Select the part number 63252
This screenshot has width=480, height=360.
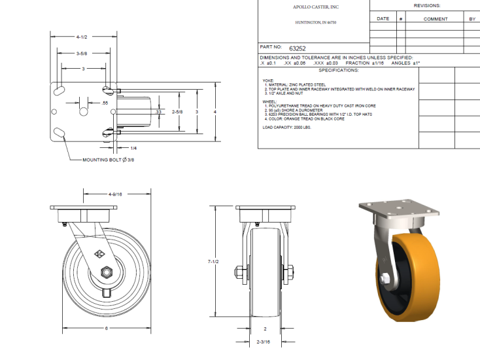click(298, 48)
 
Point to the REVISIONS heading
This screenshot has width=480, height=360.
click(427, 5)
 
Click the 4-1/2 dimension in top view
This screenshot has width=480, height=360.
click(82, 37)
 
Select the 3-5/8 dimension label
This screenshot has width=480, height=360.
click(82, 53)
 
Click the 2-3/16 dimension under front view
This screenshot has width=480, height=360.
click(265, 342)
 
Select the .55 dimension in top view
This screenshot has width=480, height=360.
click(104, 103)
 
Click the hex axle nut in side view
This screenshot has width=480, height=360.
click(105, 272)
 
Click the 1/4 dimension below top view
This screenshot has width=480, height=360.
click(133, 149)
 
